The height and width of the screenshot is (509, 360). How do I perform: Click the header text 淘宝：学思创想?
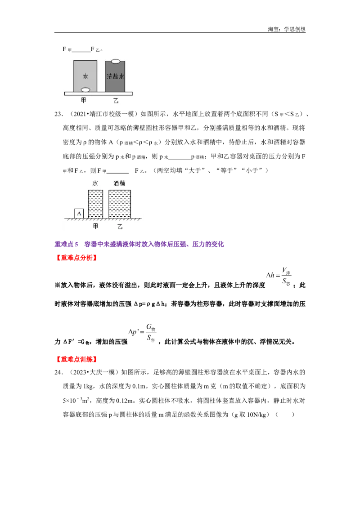(x=287, y=29)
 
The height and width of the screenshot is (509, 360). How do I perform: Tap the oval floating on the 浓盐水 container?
(x=116, y=61)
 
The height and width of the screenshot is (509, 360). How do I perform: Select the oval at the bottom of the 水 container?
(x=85, y=89)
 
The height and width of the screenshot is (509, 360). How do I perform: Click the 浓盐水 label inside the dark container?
(x=115, y=76)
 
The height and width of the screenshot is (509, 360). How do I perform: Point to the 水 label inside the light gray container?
(x=85, y=76)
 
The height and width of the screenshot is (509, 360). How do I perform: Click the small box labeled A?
(x=79, y=214)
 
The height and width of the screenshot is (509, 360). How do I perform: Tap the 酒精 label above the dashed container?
(x=119, y=183)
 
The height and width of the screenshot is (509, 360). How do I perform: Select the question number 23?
(x=58, y=114)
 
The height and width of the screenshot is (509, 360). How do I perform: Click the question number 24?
(x=58, y=372)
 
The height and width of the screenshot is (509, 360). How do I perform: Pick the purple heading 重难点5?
(x=66, y=244)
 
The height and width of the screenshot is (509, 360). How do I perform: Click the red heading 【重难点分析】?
(x=76, y=258)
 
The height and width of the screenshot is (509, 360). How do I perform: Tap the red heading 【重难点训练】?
(x=76, y=359)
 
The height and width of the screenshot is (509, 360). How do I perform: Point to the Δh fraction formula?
(x=279, y=276)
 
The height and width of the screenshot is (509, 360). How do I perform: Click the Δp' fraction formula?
(x=142, y=333)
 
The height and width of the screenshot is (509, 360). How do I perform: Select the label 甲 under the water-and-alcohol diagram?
(x=95, y=226)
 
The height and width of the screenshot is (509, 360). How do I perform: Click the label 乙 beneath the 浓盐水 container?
(x=116, y=101)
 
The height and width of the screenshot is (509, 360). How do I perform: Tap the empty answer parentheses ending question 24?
(x=284, y=415)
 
